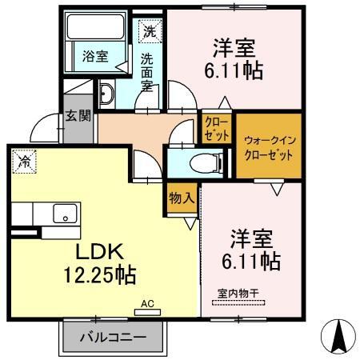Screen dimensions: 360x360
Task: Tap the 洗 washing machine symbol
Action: pyautogui.click(x=150, y=32)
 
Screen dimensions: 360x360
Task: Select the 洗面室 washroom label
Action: pyautogui.click(x=148, y=71)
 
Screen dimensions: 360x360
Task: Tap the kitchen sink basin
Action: pyautogui.click(x=66, y=214)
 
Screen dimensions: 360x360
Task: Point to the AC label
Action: pyautogui.click(x=146, y=304)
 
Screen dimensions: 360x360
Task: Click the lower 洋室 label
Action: pyautogui.click(x=250, y=238)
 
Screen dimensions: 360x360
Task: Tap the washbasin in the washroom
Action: pyautogui.click(x=110, y=95)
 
